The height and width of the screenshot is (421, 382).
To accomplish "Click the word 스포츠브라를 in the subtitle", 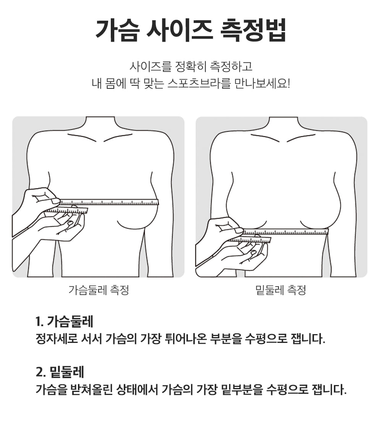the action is (x=199, y=83).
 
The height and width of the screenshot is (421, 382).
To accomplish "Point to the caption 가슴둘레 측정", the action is (x=99, y=290).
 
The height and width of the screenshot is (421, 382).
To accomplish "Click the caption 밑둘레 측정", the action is (x=281, y=290).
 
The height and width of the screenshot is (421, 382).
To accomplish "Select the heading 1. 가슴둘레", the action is (x=64, y=321).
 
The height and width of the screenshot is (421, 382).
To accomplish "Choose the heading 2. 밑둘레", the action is (x=60, y=372).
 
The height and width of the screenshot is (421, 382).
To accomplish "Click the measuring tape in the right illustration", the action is (x=285, y=232).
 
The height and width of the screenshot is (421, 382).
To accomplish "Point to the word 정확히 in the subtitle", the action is (x=191, y=66).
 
